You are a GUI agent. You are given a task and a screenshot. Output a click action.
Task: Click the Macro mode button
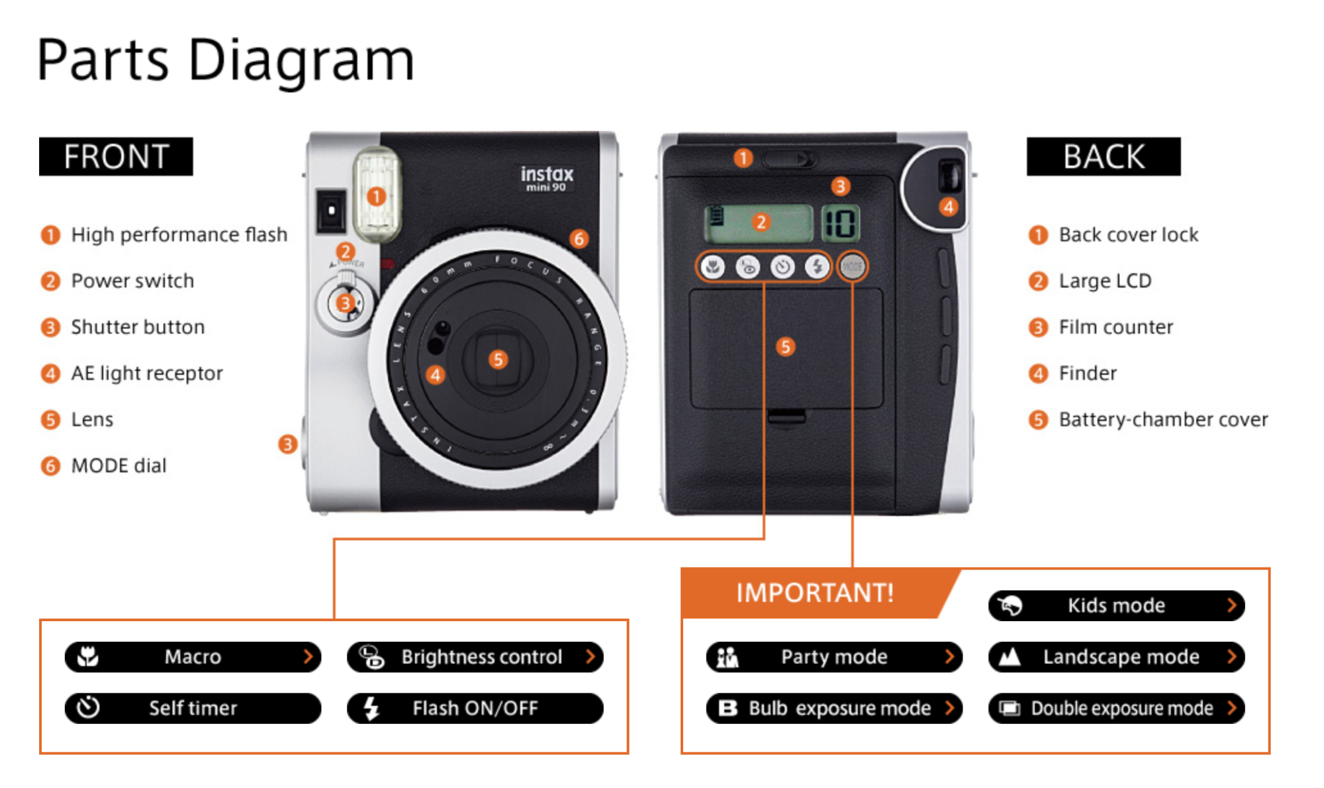point(193,656)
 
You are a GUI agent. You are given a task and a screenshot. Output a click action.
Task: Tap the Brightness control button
point(475,656)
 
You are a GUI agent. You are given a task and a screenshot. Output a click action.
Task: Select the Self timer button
point(193,708)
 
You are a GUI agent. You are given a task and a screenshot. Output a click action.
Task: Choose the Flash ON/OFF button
point(475,708)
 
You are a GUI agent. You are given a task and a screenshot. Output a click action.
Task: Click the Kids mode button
point(1116,605)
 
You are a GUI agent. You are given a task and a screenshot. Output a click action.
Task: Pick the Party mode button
point(834,656)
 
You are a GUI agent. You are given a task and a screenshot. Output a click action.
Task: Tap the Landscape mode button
point(1116,656)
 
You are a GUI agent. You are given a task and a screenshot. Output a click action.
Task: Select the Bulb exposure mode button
point(834,708)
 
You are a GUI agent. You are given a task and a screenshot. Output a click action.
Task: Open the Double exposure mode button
point(1116,708)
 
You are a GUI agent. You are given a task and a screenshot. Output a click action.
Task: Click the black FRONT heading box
point(116,156)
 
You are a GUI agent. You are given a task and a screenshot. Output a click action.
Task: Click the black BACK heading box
point(1103,156)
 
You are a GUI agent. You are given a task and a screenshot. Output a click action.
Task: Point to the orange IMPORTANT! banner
point(814,593)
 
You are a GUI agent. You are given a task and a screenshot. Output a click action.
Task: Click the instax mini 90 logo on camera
point(546,177)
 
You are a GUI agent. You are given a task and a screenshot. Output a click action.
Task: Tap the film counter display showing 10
point(840,223)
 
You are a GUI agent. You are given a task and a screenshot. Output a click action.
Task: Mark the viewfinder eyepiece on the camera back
point(950,177)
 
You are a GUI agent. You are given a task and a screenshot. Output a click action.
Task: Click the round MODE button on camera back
point(852,266)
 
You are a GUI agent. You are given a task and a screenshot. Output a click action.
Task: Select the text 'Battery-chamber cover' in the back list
point(1163,419)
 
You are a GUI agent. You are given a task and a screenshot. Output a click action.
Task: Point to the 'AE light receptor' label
point(147,373)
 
